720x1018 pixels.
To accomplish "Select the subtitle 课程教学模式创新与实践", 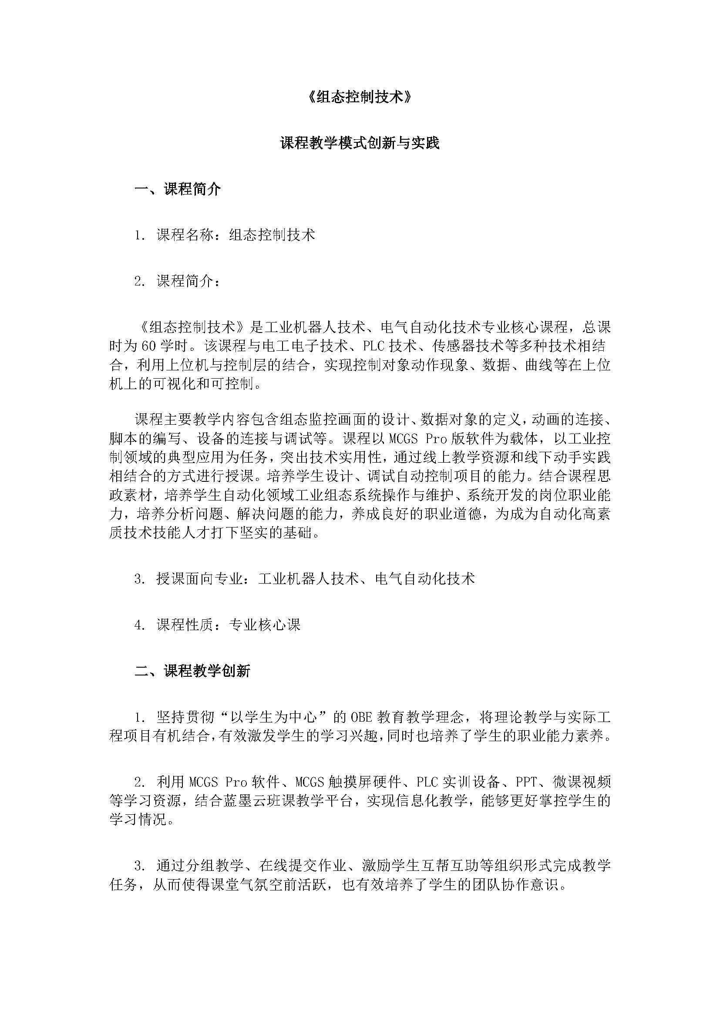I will (x=360, y=143).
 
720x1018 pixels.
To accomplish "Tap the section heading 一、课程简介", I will (x=178, y=189).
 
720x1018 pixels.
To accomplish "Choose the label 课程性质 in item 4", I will (x=185, y=625).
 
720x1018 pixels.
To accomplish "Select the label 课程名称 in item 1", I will (x=185, y=235).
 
